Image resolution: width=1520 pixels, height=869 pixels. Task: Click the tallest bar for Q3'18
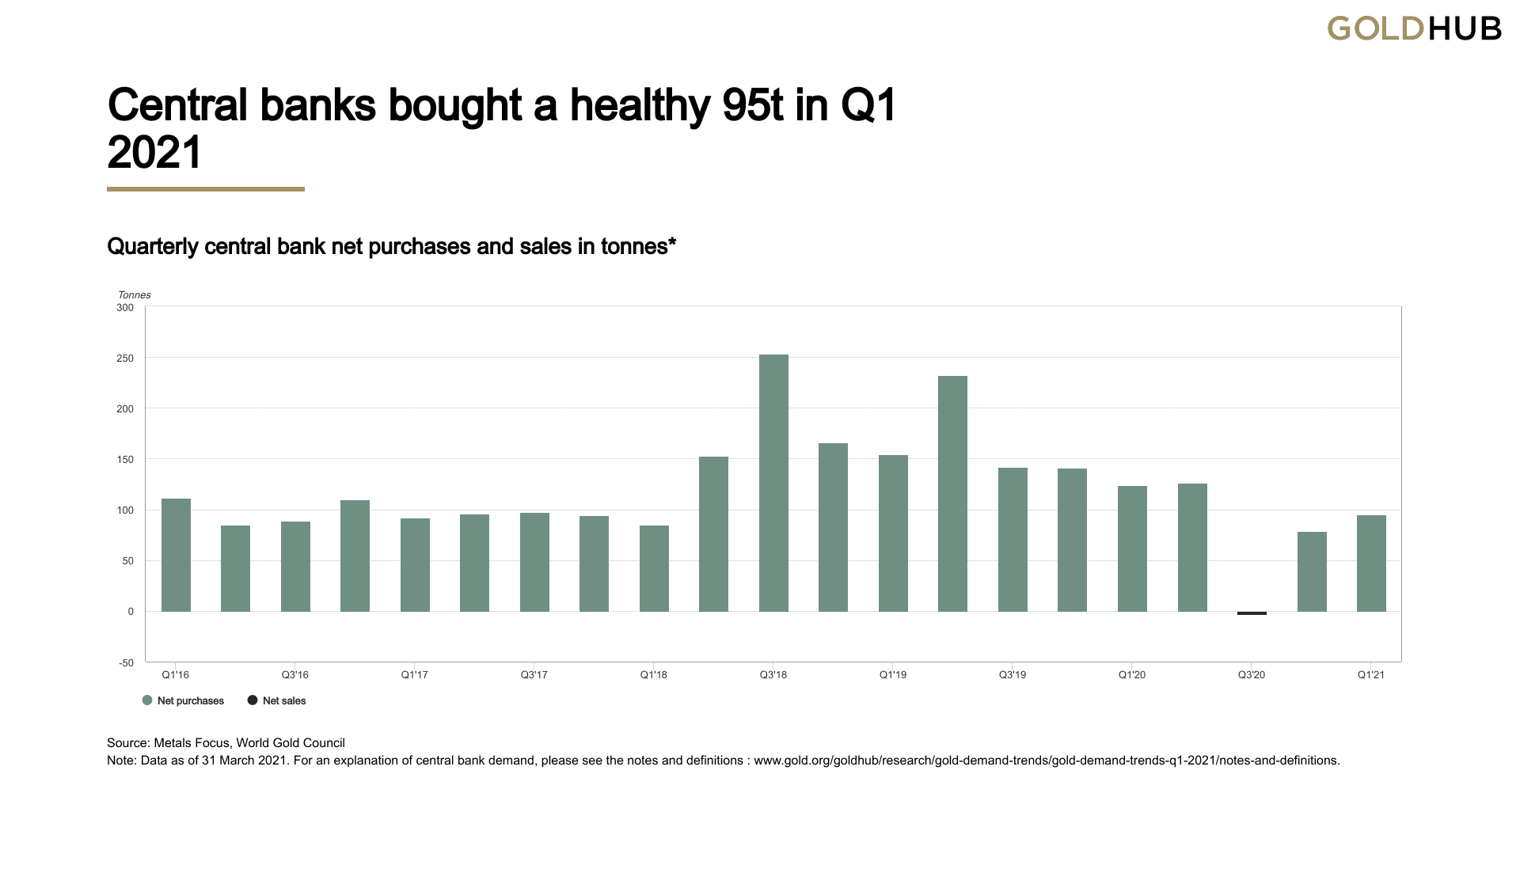773,483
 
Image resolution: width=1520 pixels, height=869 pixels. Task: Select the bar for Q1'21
1371,564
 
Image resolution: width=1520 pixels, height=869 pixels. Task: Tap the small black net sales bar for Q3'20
1252,613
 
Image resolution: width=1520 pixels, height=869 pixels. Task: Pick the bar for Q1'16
176,555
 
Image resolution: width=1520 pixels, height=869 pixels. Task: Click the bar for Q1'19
893,533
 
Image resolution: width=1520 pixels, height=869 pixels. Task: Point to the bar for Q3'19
1013,540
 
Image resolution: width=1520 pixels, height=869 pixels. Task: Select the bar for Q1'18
654,568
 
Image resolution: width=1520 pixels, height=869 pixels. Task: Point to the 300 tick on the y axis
125,307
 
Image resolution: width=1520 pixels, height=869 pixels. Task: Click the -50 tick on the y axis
126,662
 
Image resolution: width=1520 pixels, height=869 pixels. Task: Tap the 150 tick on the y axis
125,460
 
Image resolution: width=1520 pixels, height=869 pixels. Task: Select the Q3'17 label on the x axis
534,675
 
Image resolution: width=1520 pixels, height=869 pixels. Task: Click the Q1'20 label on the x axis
1131,675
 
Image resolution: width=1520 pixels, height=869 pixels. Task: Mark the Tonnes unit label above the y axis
134,295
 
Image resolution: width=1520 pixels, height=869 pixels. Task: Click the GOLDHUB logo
1414,28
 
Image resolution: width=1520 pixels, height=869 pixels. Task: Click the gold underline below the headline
206,189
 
